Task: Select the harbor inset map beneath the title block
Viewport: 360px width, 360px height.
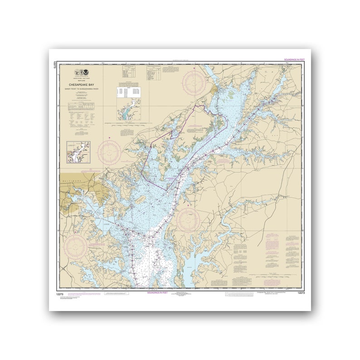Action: click(78, 152)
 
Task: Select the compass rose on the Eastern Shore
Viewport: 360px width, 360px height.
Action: click(188, 220)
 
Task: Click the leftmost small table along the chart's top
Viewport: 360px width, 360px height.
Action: click(129, 71)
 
